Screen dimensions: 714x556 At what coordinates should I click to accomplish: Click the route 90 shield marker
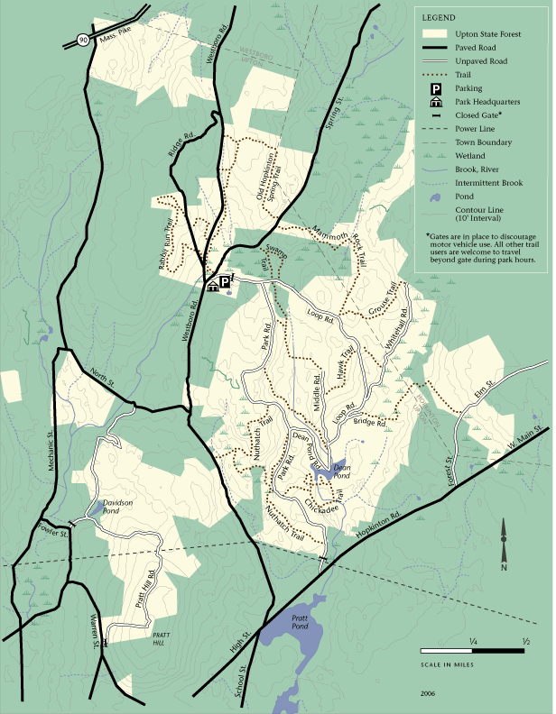(x=83, y=40)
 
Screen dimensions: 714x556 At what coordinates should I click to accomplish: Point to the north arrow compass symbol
(x=504, y=552)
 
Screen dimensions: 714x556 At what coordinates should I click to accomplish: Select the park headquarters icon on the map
(x=213, y=285)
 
